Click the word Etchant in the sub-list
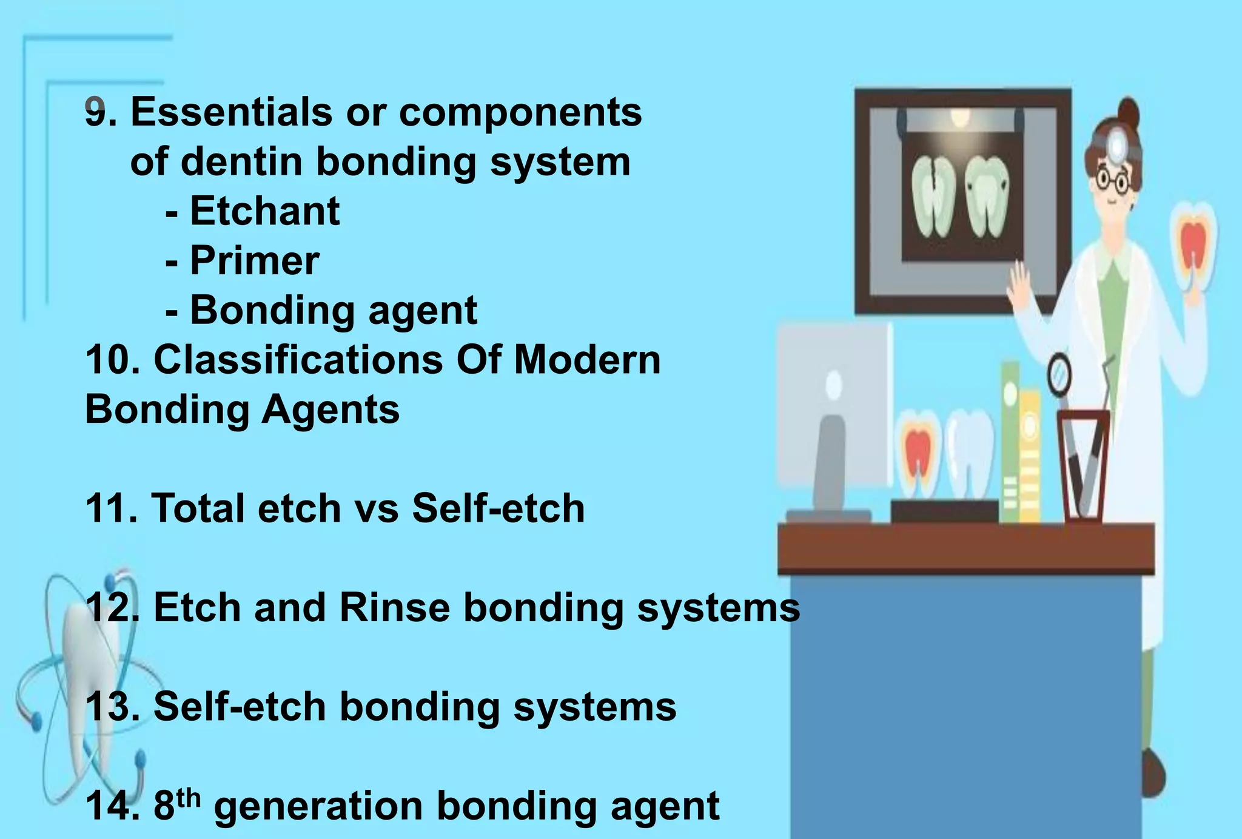coord(264,211)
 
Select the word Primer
coord(255,261)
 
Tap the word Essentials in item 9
coord(231,112)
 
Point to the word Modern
coord(586,360)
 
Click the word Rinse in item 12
coord(394,607)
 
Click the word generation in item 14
coord(318,806)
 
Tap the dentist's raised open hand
coord(1020,284)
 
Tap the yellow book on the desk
coord(1029,455)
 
